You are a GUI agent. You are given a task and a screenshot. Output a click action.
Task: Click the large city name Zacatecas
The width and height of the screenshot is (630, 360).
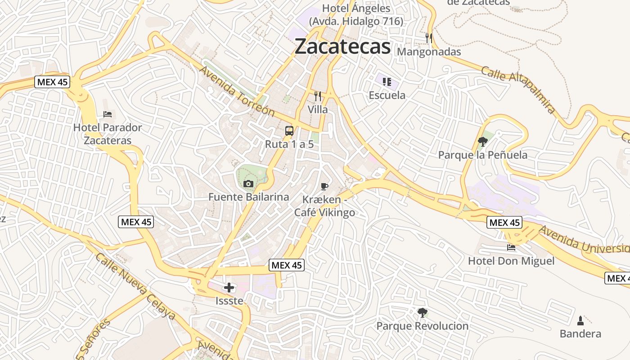(342, 46)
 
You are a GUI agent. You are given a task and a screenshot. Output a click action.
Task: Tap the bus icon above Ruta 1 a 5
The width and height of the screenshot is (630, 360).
(289, 131)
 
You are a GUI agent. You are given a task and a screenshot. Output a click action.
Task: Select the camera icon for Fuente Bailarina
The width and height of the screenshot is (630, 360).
(248, 184)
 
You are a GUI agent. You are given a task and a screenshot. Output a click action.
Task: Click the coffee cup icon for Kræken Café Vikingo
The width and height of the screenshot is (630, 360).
(324, 186)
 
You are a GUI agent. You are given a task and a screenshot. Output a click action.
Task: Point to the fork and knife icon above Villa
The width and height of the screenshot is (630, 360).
(318, 96)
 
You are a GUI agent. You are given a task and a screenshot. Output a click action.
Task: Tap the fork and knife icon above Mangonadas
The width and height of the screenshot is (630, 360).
(429, 38)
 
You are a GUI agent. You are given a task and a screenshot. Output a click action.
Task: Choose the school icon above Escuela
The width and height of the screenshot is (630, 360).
(387, 81)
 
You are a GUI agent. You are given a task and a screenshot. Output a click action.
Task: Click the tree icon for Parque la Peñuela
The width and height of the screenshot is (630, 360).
(482, 142)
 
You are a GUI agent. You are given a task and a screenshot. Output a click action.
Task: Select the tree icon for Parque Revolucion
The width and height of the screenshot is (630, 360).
(422, 312)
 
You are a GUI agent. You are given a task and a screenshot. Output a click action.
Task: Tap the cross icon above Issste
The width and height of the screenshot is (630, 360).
(229, 288)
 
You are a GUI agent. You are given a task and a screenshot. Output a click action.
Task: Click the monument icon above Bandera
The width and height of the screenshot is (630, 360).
(580, 320)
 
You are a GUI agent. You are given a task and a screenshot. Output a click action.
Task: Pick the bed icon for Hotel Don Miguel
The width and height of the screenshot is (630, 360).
(511, 247)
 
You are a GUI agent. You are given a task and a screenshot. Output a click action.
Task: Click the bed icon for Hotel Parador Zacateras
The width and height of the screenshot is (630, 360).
(107, 114)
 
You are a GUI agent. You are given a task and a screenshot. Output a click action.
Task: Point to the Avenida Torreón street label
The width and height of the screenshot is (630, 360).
(237, 91)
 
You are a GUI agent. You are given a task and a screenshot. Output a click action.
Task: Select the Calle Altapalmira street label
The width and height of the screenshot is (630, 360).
(518, 90)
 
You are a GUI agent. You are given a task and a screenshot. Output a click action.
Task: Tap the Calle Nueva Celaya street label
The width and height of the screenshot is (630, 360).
(135, 286)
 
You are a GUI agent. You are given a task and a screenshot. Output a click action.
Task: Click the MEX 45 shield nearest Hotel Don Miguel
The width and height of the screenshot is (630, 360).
(504, 222)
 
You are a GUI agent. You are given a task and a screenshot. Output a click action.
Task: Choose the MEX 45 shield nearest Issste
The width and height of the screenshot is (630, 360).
(287, 265)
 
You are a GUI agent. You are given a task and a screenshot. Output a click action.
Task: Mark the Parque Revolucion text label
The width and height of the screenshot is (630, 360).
(422, 326)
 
